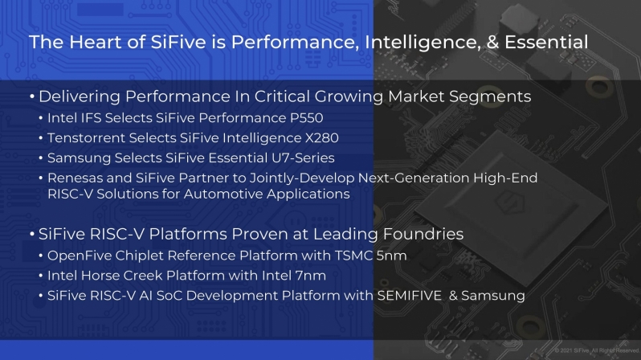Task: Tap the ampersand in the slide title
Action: click(x=492, y=42)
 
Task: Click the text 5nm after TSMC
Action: click(x=391, y=256)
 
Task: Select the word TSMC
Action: click(x=353, y=256)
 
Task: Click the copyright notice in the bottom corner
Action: click(x=597, y=350)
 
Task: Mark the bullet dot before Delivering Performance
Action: click(x=32, y=97)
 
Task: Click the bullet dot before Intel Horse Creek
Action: click(x=41, y=276)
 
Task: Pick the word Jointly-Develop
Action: click(x=302, y=178)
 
